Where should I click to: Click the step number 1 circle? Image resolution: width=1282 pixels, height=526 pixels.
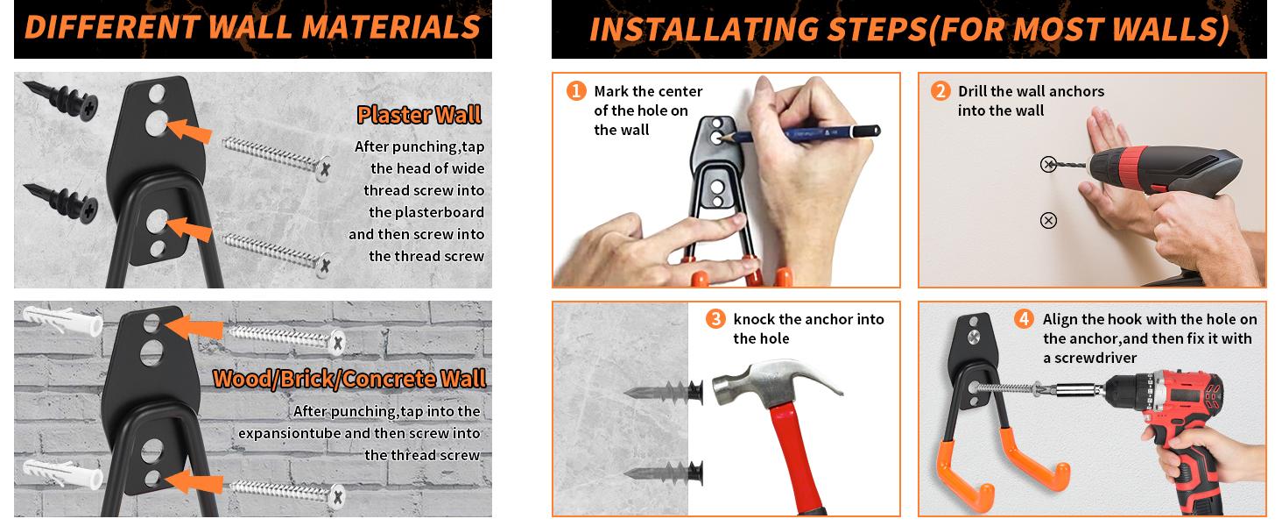click(x=576, y=90)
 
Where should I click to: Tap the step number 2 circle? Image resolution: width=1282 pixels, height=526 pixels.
click(x=940, y=90)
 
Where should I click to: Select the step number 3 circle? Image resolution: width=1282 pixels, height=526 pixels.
click(x=715, y=318)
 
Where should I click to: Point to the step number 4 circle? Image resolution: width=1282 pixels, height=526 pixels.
click(x=1024, y=318)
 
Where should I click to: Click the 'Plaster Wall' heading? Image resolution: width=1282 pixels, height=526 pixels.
click(x=419, y=115)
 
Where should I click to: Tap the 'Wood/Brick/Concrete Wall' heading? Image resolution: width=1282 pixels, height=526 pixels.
click(x=349, y=379)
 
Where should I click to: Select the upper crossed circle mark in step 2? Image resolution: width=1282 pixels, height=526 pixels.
click(x=1048, y=165)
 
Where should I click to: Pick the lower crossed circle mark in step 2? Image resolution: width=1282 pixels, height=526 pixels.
click(x=1048, y=221)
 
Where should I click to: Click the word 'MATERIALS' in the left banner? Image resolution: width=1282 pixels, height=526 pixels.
click(x=391, y=27)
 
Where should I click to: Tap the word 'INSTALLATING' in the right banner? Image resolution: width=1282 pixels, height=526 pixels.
click(x=704, y=30)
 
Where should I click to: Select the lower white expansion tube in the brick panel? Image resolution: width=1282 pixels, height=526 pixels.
click(x=62, y=473)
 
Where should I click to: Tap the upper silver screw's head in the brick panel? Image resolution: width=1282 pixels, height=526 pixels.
click(x=338, y=343)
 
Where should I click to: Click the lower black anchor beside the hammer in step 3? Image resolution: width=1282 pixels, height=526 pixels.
click(x=664, y=473)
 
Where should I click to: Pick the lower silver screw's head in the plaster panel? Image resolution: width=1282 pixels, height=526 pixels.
click(x=324, y=265)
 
